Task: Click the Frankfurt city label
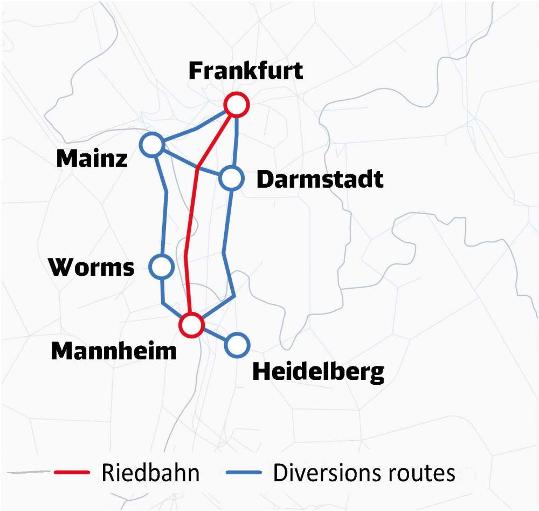tap(246, 71)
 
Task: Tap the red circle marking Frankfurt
tap(236, 104)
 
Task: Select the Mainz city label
tap(92, 158)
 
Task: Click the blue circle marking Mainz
tap(152, 145)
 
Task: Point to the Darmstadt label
tap(320, 179)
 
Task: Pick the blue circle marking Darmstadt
tap(231, 179)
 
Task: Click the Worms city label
tap(91, 267)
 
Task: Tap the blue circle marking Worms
tap(161, 266)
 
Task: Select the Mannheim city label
tap(114, 351)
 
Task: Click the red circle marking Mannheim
tap(191, 325)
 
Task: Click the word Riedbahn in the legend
tap(150, 473)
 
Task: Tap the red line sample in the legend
tap(72, 473)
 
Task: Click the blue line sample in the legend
tap(244, 473)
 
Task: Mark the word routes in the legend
tap(421, 473)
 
